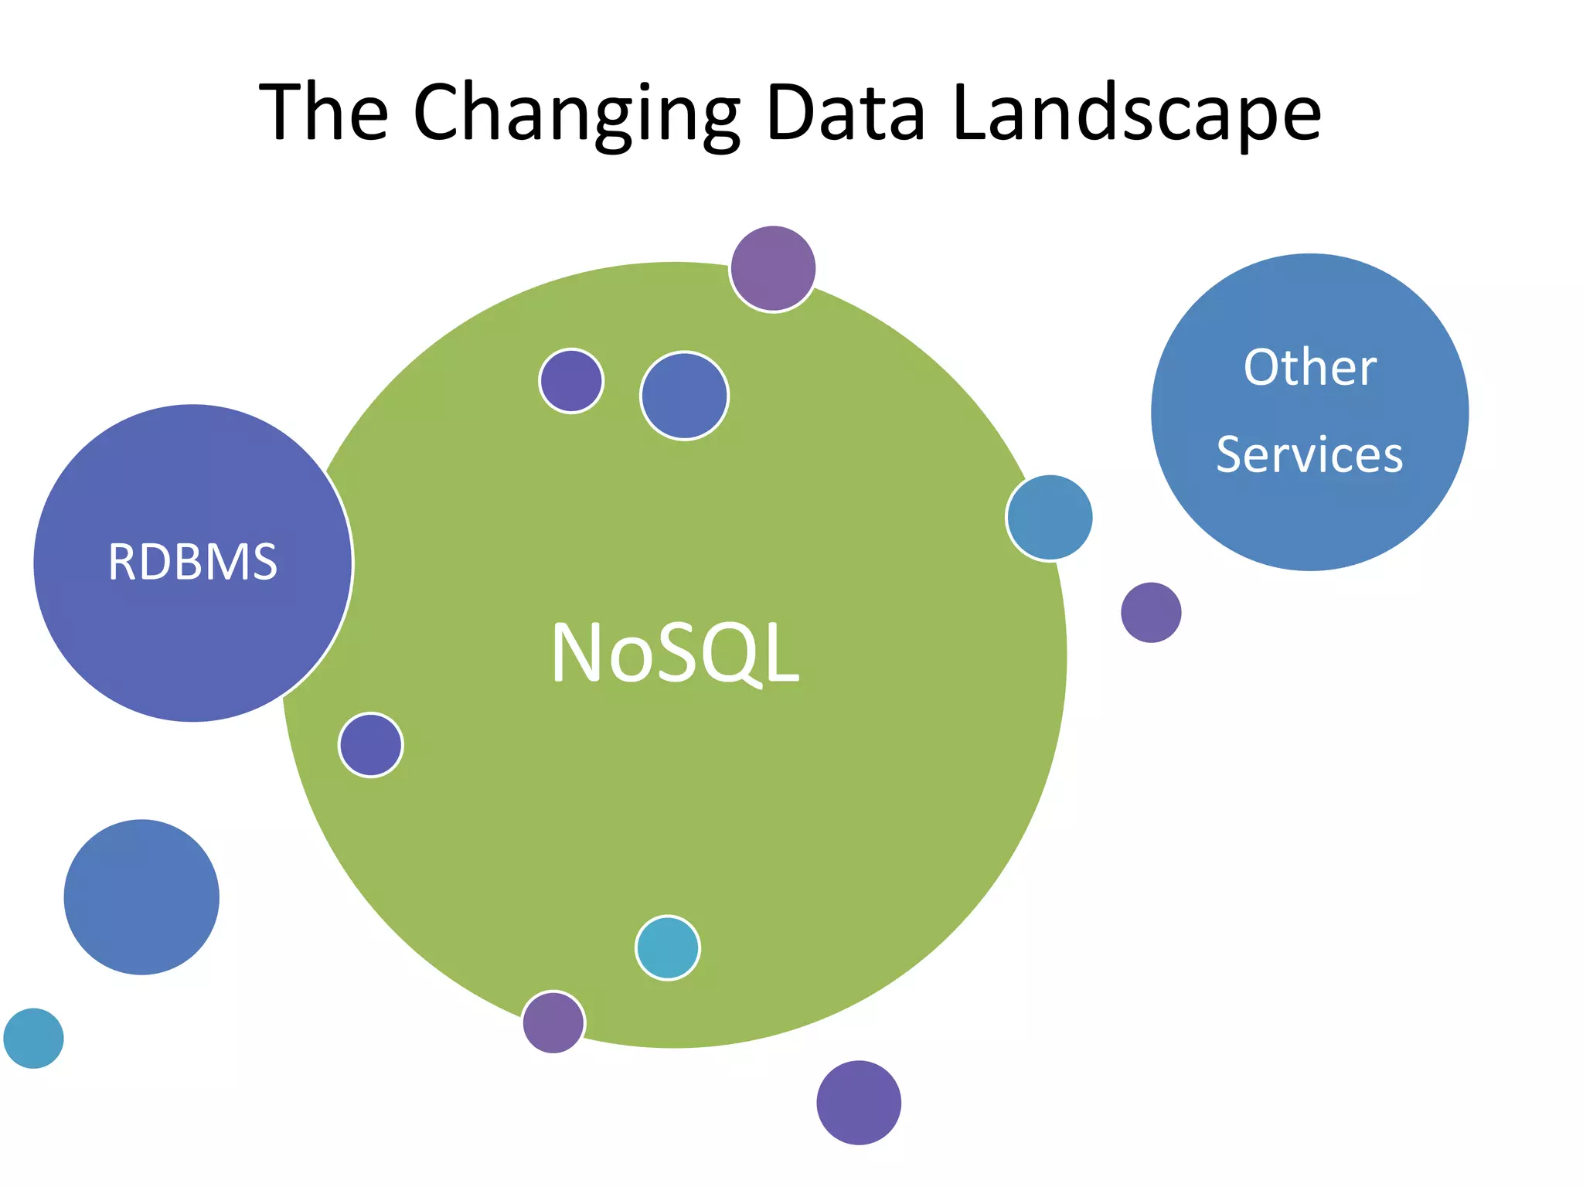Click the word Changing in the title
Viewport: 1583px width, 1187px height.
(576, 114)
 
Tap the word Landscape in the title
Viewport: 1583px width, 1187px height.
(1136, 114)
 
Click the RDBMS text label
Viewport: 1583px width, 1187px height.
(192, 562)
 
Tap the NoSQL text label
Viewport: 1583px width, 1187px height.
(675, 653)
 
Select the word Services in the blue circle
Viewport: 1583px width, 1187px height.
(1309, 454)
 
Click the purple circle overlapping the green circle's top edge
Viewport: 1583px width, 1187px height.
(773, 269)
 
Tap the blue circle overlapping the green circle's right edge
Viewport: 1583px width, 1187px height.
(1050, 517)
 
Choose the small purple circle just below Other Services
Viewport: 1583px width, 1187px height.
(1151, 613)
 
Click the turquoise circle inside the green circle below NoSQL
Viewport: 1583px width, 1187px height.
(668, 948)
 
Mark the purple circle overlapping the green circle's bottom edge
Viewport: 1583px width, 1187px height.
(553, 1022)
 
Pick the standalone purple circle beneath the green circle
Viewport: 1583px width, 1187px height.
(859, 1103)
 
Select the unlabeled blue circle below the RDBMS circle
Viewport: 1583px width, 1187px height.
(141, 897)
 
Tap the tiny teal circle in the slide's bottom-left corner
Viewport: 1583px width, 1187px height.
(34, 1039)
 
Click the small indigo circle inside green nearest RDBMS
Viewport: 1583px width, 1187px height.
(371, 745)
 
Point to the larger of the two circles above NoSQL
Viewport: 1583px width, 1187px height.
(685, 396)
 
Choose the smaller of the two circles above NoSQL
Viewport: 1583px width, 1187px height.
(571, 381)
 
